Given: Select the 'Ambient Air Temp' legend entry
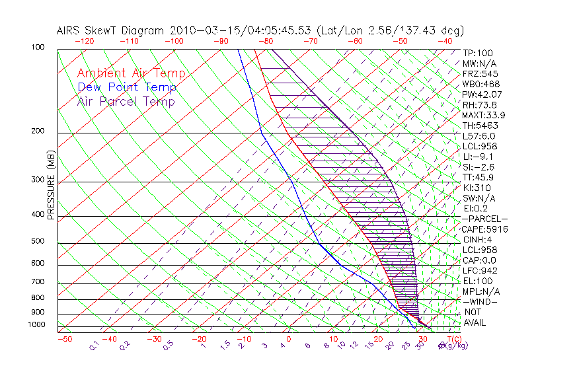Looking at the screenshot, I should tap(131, 73).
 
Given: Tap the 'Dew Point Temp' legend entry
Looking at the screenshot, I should tap(127, 87).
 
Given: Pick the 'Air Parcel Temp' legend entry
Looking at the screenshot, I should tap(126, 101).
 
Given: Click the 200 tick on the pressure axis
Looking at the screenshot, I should tap(38, 131).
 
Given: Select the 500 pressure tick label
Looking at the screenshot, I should tap(38, 241).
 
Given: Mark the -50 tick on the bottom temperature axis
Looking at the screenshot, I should tap(64, 339).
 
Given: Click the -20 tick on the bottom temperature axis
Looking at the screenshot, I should tap(199, 339).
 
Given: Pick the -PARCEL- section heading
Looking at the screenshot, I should tap(484, 219).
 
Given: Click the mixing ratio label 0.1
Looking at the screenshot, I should tap(94, 345).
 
